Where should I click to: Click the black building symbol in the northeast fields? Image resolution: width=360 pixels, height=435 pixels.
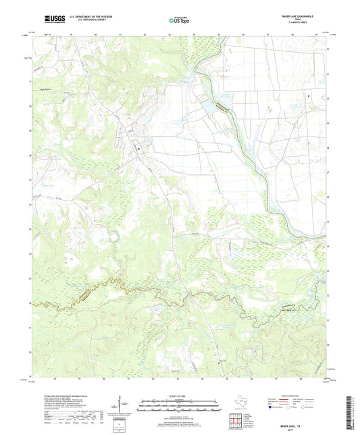coord(309,97)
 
